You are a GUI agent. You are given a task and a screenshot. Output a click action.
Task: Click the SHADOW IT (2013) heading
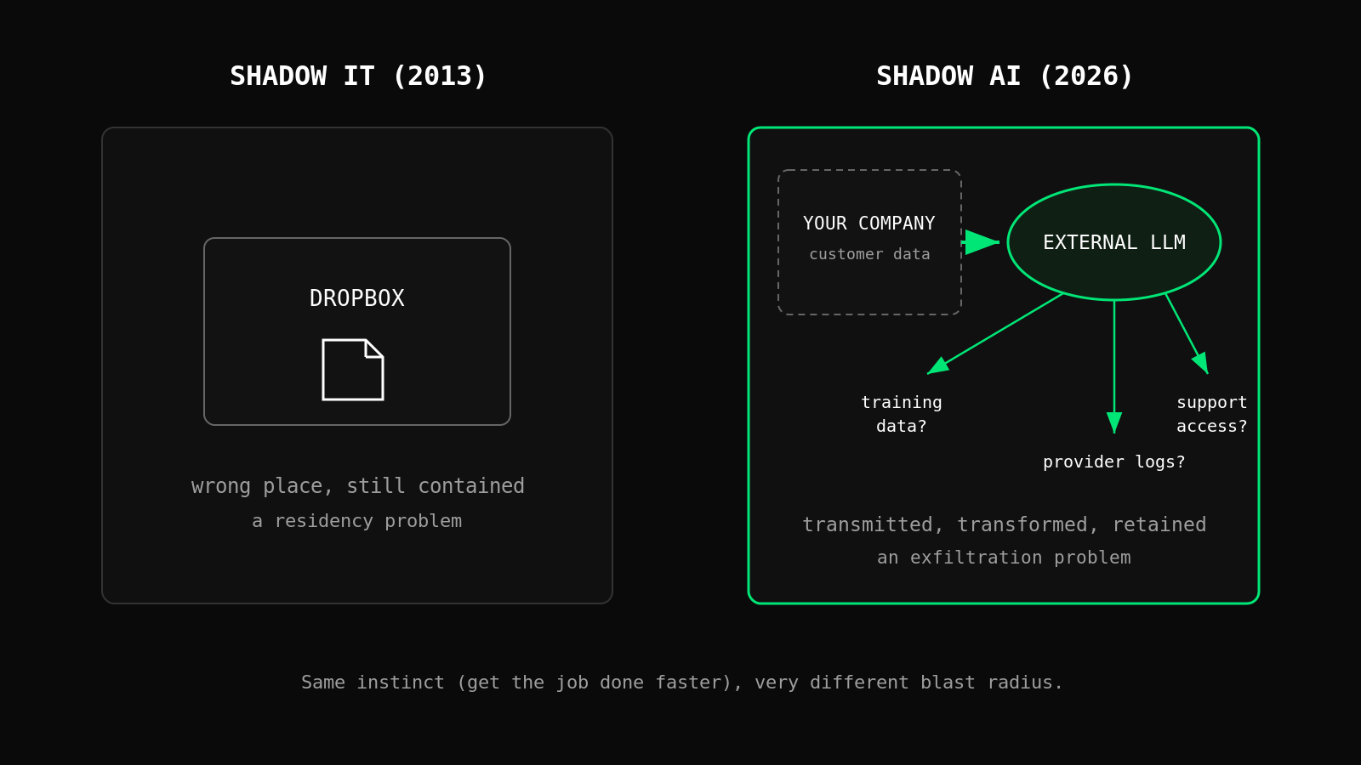coord(358,76)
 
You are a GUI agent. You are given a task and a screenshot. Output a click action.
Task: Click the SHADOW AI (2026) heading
coord(1004,76)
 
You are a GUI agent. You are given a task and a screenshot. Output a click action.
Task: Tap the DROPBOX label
coord(356,298)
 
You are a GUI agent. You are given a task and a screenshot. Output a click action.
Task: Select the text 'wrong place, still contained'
coord(357,485)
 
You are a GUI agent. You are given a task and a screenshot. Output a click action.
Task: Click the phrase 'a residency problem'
coord(356,521)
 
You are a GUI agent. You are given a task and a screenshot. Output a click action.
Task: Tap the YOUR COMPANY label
coord(868,224)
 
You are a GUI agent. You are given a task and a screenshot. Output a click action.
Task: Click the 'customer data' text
coord(869,254)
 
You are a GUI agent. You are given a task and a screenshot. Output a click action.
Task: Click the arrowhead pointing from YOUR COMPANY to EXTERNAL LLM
coord(982,242)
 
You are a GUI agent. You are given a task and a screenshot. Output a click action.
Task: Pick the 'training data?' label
coord(902,414)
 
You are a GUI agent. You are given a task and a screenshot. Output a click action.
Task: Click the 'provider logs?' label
coord(1113,462)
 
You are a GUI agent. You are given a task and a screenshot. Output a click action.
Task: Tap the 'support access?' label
coord(1211,414)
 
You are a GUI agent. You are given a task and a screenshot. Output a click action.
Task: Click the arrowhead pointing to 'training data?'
coord(937,366)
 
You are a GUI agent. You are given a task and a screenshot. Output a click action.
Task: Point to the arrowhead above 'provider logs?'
coord(1113,422)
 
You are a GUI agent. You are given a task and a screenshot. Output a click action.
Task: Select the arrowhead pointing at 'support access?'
coord(1201,363)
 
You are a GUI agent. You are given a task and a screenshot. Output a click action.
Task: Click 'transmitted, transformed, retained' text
coord(1004,524)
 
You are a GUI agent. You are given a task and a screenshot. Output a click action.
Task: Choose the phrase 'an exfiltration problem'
coord(1004,558)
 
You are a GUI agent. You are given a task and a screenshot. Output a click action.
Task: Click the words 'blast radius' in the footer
coord(987,683)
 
